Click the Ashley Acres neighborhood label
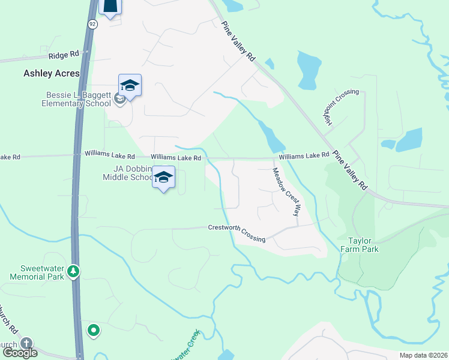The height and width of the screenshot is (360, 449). click(52, 73)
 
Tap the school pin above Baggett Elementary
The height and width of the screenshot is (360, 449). click(130, 85)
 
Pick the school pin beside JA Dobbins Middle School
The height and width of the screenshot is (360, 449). click(163, 177)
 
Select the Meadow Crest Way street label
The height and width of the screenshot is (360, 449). click(286, 191)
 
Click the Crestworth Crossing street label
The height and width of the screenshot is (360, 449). click(237, 233)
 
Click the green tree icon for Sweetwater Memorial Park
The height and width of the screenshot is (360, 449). click(73, 271)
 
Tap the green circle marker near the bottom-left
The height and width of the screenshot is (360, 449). click(94, 330)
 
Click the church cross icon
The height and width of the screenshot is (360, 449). click(26, 343)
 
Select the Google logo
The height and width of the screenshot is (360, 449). click(20, 353)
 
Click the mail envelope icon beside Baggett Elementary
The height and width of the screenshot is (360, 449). click(120, 99)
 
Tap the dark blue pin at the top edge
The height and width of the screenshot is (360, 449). click(111, 7)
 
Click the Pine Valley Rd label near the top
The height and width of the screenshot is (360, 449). click(238, 41)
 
